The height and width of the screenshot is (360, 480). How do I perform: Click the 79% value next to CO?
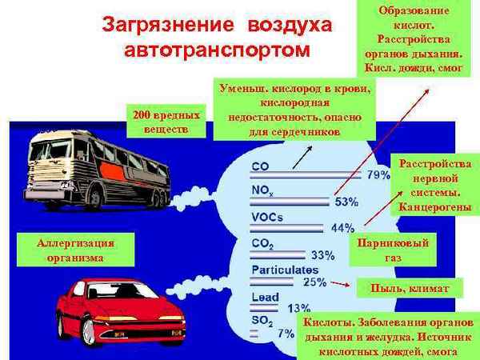378,174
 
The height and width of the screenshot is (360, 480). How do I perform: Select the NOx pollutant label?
262,190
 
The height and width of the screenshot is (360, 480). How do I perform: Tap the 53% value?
346,202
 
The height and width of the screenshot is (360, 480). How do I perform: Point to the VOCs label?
267,217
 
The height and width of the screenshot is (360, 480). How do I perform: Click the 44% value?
343,228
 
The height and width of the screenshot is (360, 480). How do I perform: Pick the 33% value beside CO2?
323,255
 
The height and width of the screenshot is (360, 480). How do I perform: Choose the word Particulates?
285,270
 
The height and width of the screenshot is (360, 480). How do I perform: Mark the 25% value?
314,282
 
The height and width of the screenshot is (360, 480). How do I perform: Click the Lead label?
265,297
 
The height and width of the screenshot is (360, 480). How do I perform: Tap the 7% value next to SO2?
286,333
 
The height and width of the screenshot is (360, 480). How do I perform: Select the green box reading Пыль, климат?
410,288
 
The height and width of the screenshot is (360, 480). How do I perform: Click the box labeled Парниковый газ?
393,250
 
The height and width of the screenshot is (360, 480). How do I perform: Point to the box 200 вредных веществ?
166,122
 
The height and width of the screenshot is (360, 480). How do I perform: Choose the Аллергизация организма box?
76,250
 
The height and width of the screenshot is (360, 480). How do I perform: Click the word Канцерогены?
434,207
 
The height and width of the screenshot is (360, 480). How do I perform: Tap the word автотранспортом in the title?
217,50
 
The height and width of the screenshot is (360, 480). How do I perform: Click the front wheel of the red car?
89,332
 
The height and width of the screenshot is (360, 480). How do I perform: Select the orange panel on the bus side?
113,171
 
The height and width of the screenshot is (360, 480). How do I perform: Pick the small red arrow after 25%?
341,284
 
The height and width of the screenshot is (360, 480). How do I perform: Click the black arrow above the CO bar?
302,158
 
